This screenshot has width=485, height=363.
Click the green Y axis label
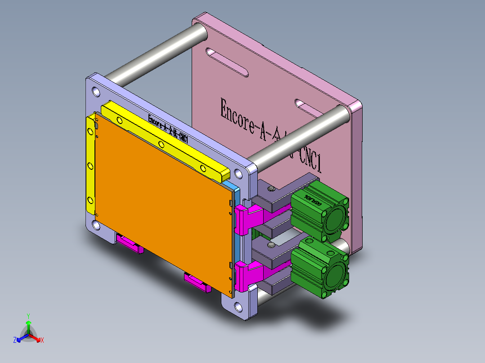[x=28, y=316]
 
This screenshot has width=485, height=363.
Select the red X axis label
[x=42, y=340]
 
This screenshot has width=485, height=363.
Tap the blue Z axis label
[x=15, y=340]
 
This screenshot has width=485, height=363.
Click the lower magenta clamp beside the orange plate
[x=248, y=274]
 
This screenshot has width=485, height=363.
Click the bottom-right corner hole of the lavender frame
[x=237, y=307]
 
